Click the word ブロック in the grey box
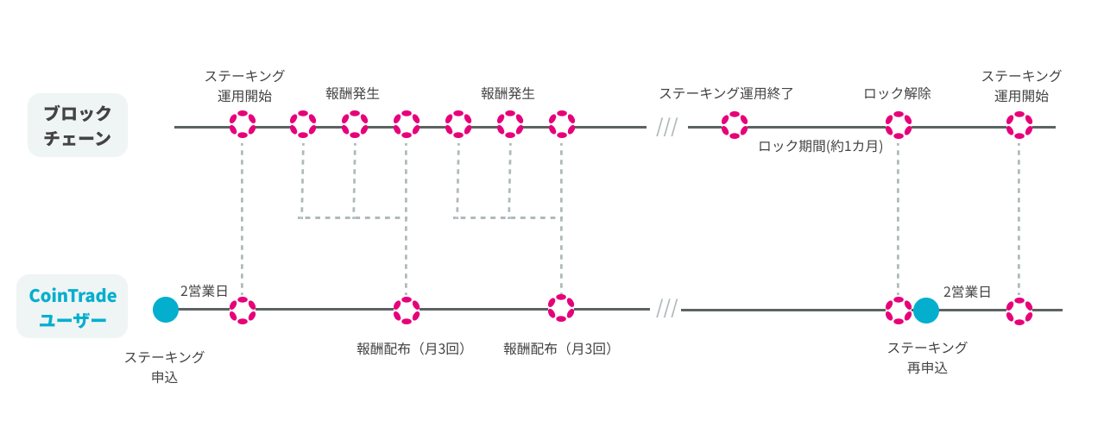78,113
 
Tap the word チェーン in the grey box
78,138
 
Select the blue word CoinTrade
73,296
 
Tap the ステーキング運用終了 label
726,93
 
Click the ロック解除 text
898,93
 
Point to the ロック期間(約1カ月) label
820,147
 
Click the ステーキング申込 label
164,367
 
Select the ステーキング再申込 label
927,357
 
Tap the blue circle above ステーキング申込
165,309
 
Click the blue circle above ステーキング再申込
925,310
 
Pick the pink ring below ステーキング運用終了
735,125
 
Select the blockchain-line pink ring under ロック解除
899,125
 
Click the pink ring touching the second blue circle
899,310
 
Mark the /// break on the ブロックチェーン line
666,128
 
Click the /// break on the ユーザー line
666,309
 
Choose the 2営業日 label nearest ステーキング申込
204,292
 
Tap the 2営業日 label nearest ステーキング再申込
967,292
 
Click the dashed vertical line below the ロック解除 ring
899,216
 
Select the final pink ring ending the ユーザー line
1019,310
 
